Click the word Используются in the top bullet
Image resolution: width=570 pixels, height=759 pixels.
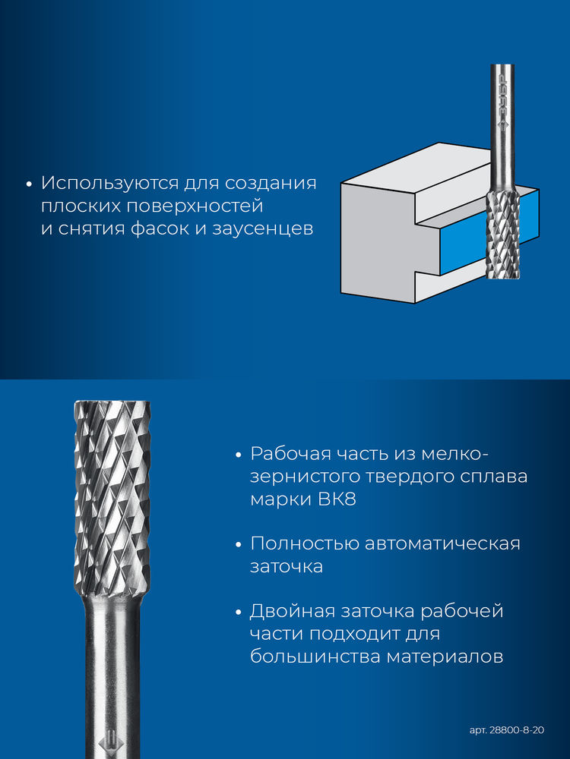point(109,184)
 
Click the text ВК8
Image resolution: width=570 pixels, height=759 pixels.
point(337,499)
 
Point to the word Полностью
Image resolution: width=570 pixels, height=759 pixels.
point(305,543)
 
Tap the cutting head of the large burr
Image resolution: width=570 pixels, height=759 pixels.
point(112,499)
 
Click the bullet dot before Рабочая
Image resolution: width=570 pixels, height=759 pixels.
point(238,455)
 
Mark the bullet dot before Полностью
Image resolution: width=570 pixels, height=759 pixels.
point(238,545)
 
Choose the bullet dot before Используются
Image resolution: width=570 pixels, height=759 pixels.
point(29,184)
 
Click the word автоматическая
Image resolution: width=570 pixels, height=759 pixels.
point(442,543)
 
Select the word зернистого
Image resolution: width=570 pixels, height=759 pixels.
point(305,477)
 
